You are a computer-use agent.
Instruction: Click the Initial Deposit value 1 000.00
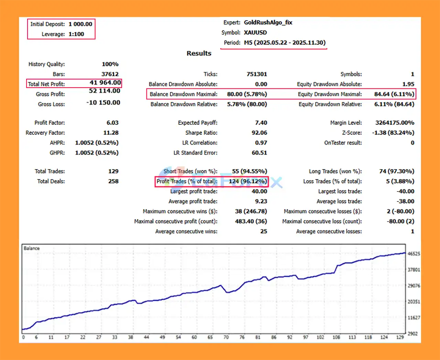pyautogui.click(x=80, y=24)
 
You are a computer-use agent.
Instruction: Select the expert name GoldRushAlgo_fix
pyautogui.click(x=268, y=22)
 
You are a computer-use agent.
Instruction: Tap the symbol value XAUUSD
pyautogui.click(x=255, y=32)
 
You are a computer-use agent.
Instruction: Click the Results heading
pyautogui.click(x=199, y=53)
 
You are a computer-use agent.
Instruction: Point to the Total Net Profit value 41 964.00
pyautogui.click(x=105, y=83)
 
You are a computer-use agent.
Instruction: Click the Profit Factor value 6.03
pyautogui.click(x=112, y=123)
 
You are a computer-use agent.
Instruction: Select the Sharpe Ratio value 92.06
pyautogui.click(x=259, y=133)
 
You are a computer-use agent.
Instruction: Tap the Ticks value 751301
pyautogui.click(x=256, y=74)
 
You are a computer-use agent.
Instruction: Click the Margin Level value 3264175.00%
pyautogui.click(x=395, y=123)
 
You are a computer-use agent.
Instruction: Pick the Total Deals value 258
pyautogui.click(x=113, y=181)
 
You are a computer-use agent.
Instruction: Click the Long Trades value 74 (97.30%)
pyautogui.click(x=396, y=171)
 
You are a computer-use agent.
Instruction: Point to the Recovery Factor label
pyautogui.click(x=45, y=133)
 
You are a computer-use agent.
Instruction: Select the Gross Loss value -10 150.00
pyautogui.click(x=103, y=102)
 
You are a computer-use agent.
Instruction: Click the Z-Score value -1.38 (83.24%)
pyautogui.click(x=393, y=133)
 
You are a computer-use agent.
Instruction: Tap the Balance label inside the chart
pyautogui.click(x=32, y=248)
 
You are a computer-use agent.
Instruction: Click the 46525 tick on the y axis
pyautogui.click(x=414, y=254)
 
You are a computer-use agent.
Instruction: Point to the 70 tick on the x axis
pyautogui.click(x=226, y=337)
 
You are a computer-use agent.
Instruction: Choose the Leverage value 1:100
pyautogui.click(x=76, y=34)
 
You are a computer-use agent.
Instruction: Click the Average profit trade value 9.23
pyautogui.click(x=261, y=201)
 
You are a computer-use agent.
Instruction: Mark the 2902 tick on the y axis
pyautogui.click(x=412, y=334)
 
